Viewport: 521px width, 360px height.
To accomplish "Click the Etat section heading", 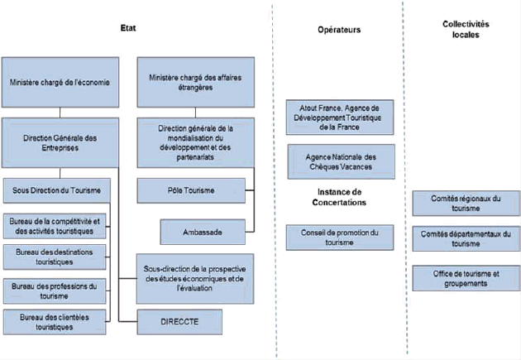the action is (x=128, y=28).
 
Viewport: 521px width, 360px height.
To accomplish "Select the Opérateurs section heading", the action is (x=339, y=30).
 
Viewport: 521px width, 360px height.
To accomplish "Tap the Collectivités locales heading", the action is (x=466, y=29).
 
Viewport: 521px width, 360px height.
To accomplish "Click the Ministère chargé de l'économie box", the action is (x=60, y=82).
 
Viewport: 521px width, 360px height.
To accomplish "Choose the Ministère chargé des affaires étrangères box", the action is (x=196, y=82).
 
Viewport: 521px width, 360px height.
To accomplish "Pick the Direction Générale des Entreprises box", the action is (x=60, y=142).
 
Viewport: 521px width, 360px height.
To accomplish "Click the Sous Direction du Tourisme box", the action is (x=57, y=190).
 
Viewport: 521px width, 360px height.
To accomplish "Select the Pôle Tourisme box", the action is (x=191, y=190).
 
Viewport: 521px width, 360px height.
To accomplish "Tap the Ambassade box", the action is (x=203, y=232).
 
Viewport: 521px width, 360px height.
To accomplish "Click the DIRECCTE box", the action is (x=179, y=322).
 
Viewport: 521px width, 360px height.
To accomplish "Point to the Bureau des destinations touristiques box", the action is (x=55, y=257).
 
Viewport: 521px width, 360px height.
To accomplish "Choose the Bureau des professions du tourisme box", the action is (x=55, y=291).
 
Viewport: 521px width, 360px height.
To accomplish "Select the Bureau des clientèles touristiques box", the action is (x=55, y=322).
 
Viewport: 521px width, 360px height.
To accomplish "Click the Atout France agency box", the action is (x=340, y=118).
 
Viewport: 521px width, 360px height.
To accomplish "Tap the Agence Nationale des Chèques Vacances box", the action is (x=342, y=161).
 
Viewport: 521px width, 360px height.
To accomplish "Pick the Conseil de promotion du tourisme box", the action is (x=340, y=238).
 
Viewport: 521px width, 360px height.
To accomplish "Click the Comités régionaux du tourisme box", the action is (x=466, y=203).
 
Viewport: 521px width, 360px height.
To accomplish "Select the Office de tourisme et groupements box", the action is (x=466, y=278).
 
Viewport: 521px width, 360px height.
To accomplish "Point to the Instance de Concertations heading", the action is (x=339, y=197).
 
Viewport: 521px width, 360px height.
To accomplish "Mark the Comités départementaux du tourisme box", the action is (x=466, y=238).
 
